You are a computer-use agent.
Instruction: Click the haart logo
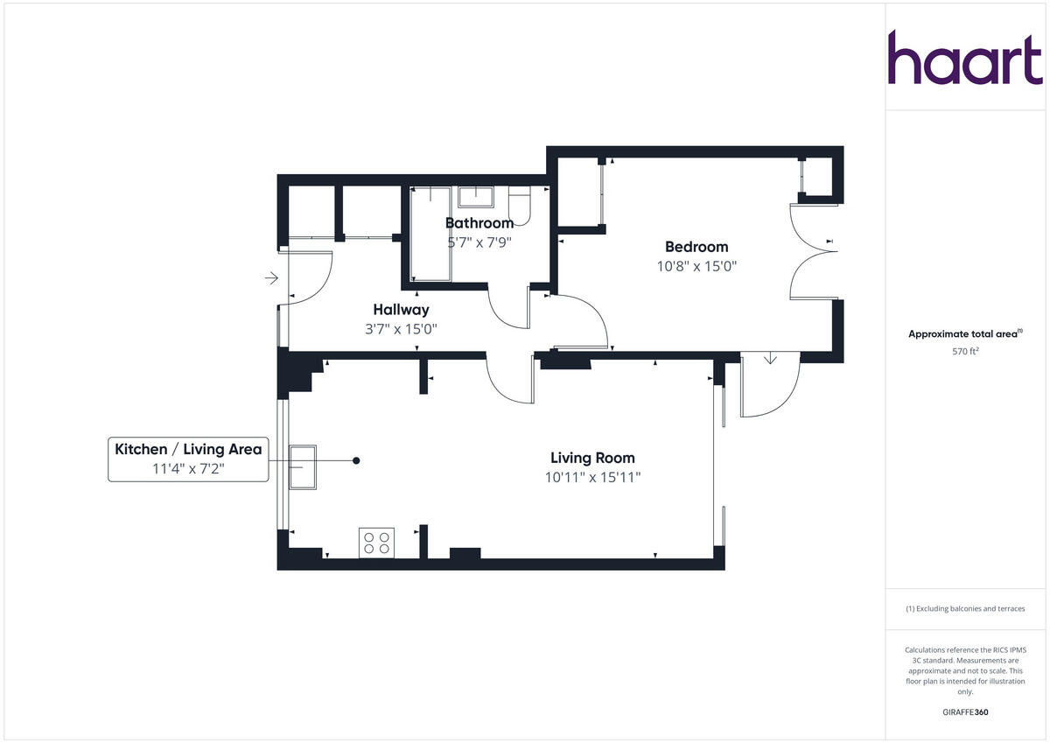pyautogui.click(x=965, y=58)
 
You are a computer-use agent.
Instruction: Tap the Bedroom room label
pyautogui.click(x=696, y=247)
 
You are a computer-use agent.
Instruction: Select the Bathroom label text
pyautogui.click(x=479, y=223)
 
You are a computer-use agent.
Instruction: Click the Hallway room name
pyautogui.click(x=401, y=310)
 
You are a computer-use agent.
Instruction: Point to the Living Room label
pyautogui.click(x=592, y=458)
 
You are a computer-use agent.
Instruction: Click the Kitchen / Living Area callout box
pyautogui.click(x=188, y=459)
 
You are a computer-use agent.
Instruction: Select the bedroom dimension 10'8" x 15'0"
pyautogui.click(x=696, y=267)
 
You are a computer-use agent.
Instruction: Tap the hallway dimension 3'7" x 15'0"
pyautogui.click(x=401, y=329)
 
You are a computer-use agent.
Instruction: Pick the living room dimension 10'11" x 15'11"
pyautogui.click(x=592, y=478)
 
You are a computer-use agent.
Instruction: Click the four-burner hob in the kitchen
pyautogui.click(x=377, y=543)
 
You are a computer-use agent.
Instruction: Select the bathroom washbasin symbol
pyautogui.click(x=477, y=195)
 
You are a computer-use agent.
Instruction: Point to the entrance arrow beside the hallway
pyautogui.click(x=271, y=278)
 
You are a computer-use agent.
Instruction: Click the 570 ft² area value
pyautogui.click(x=964, y=352)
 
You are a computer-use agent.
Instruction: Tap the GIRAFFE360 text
pyautogui.click(x=964, y=712)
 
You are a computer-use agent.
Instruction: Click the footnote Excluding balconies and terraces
pyautogui.click(x=964, y=608)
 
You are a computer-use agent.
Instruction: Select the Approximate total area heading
pyautogui.click(x=964, y=333)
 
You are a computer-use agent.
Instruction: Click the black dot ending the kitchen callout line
pyautogui.click(x=356, y=460)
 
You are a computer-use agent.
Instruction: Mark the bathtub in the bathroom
pyautogui.click(x=430, y=236)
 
